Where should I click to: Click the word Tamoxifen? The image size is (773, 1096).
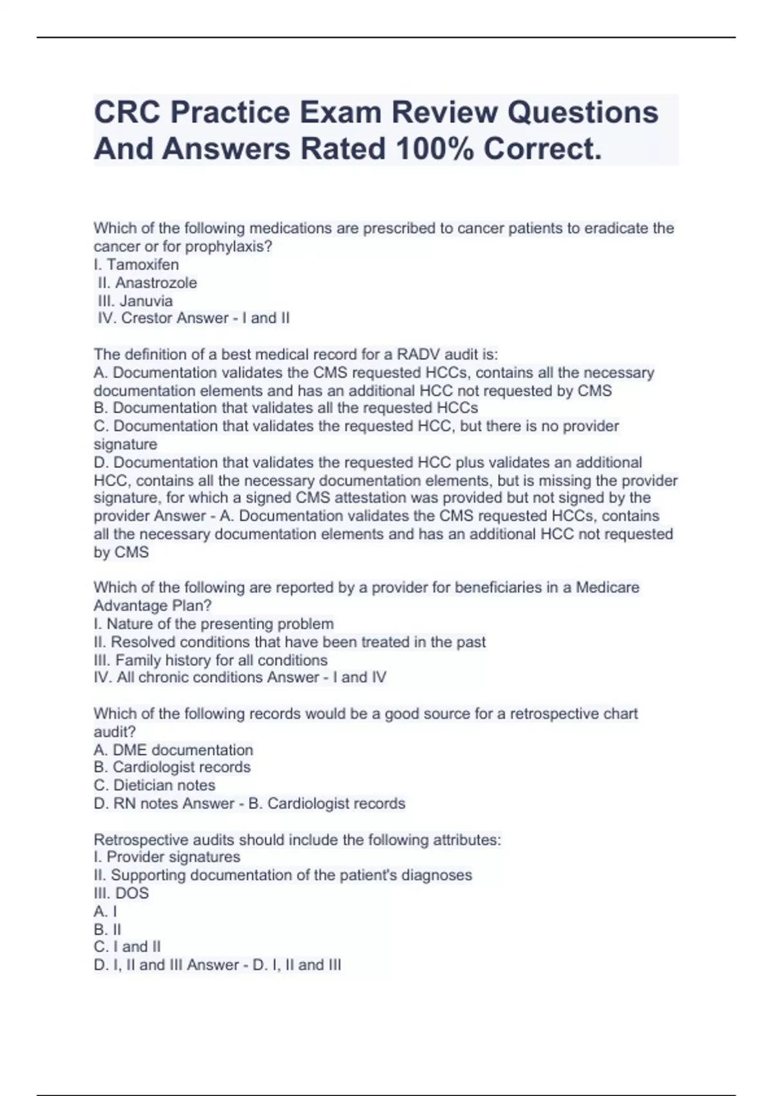coord(142,264)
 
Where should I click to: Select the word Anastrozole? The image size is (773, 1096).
coord(156,282)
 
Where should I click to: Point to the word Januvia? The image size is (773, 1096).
coord(146,300)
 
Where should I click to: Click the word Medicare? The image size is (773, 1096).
coord(607,587)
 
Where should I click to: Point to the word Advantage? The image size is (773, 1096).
coord(130,605)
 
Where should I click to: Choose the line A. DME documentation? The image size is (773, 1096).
coord(173,750)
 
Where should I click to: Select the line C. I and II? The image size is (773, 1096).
coord(127,946)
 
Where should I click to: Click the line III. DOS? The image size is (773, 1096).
coord(121,893)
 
